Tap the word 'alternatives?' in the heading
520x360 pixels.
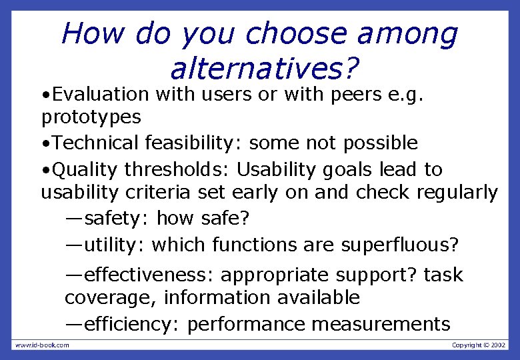coord(264,68)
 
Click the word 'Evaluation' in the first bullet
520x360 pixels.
coord(100,95)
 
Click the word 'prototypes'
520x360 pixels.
coord(91,118)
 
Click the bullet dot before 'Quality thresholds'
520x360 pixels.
coord(45,170)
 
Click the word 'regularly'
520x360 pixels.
coord(457,193)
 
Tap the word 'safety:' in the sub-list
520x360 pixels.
coord(117,218)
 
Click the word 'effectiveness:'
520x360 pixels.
coord(150,275)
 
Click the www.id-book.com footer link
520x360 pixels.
coord(42,345)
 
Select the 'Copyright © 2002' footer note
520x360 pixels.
coord(479,345)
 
